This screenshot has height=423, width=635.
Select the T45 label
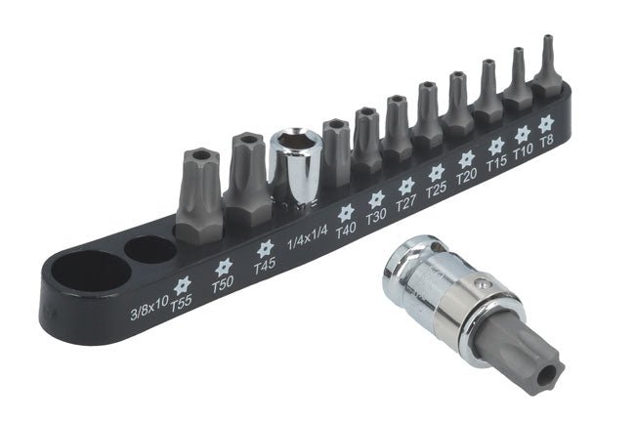pyautogui.click(x=264, y=265)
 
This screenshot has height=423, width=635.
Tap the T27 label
pyautogui.click(x=406, y=202)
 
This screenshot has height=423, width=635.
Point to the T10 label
pyautogui.click(x=523, y=150)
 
